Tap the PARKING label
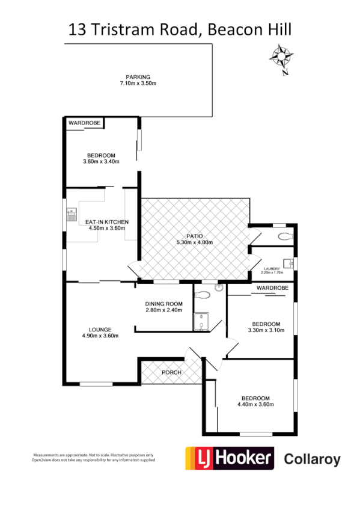138,76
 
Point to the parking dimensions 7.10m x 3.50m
138,83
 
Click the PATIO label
195,236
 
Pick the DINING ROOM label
163,303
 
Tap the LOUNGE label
100,329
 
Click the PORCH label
171,373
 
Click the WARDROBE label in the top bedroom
84,123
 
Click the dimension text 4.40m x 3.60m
255,405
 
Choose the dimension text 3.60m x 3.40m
101,161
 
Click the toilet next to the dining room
203,295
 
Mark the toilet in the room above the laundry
283,236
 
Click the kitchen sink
72,212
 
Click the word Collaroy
312,460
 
